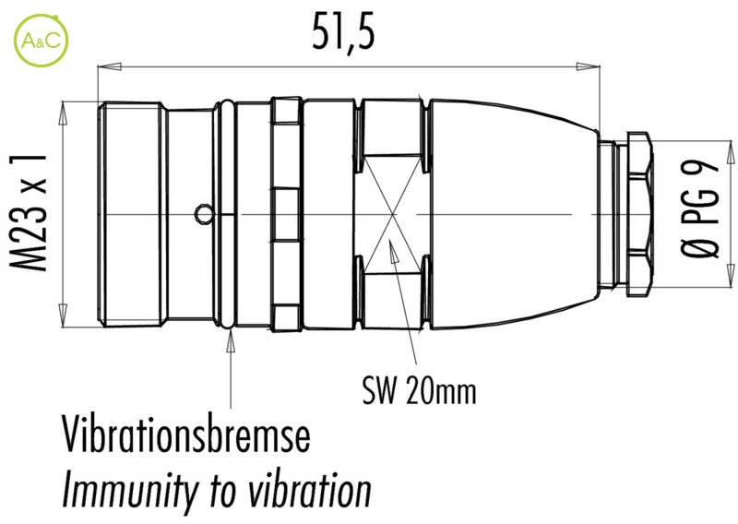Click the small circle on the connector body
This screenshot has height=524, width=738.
[203, 215]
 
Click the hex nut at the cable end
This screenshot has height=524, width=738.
[637, 214]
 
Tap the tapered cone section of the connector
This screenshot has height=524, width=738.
[512, 214]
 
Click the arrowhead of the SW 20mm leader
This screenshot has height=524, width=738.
[391, 242]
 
